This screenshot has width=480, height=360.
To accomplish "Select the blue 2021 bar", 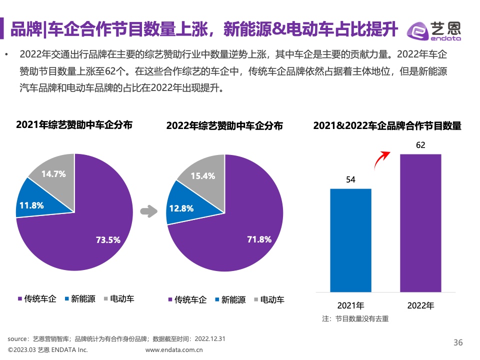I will click(350, 240).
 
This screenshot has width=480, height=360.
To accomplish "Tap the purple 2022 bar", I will click(420, 222).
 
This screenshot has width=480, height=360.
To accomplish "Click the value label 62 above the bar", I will click(420, 145).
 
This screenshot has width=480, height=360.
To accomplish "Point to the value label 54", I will click(350, 180).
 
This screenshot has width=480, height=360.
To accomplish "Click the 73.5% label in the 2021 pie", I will click(108, 240).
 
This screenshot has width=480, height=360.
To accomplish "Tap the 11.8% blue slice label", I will click(31, 205).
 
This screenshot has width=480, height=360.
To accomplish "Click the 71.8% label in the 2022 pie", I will click(259, 239).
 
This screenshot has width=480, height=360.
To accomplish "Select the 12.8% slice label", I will click(181, 208).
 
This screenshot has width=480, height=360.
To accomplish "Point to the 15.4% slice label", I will click(202, 176).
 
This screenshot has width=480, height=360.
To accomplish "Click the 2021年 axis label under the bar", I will click(350, 305).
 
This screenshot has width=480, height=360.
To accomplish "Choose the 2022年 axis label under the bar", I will click(420, 305).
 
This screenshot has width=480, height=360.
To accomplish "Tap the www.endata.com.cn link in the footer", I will click(174, 350).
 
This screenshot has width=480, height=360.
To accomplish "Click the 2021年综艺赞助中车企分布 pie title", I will click(74, 125).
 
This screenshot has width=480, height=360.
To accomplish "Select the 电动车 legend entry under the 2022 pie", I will click(269, 300).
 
